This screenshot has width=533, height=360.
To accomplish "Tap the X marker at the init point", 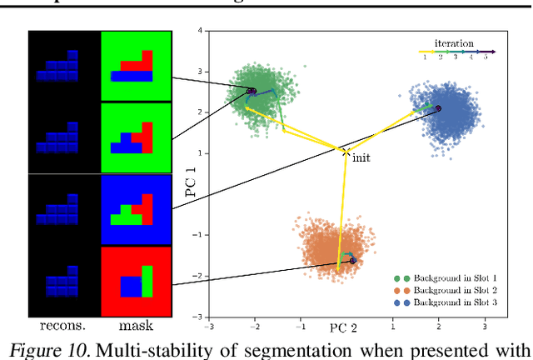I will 346,151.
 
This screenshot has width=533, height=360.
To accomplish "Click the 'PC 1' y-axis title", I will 189,179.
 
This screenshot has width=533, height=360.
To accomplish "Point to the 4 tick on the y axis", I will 200,31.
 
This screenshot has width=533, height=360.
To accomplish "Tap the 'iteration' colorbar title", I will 454,42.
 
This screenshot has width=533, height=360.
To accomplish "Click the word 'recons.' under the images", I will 63,327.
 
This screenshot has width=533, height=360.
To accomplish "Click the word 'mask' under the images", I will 136,327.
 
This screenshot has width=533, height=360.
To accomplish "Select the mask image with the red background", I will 136,282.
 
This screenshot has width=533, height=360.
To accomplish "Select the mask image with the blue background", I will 136,210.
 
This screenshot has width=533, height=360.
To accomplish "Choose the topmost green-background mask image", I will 136,67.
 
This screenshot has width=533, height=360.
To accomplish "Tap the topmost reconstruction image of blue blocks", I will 63,67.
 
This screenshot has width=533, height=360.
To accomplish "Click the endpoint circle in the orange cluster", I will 353,261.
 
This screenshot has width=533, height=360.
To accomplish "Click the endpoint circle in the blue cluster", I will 439,108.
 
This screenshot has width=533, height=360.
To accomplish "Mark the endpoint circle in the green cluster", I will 251,91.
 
